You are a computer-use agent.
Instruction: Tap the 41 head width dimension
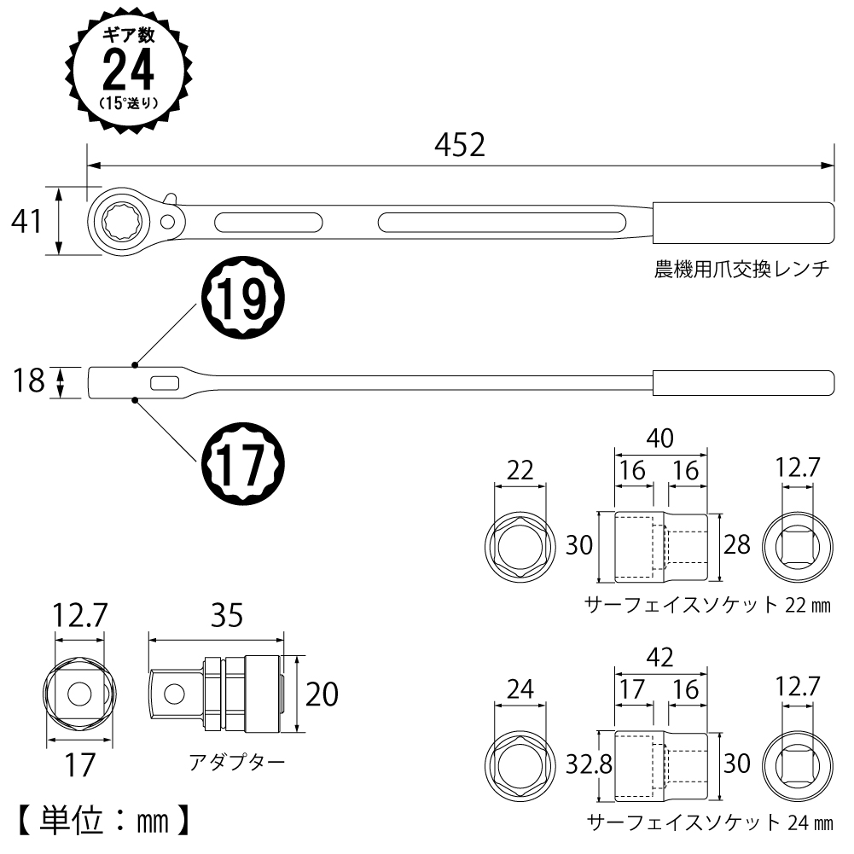(x=26, y=222)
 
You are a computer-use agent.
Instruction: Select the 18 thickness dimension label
(x=28, y=381)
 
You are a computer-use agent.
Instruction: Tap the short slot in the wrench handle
(x=269, y=223)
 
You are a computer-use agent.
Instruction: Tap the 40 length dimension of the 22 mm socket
(x=661, y=439)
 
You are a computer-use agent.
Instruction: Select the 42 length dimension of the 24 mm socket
(x=661, y=658)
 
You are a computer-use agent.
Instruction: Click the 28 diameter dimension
(x=737, y=544)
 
